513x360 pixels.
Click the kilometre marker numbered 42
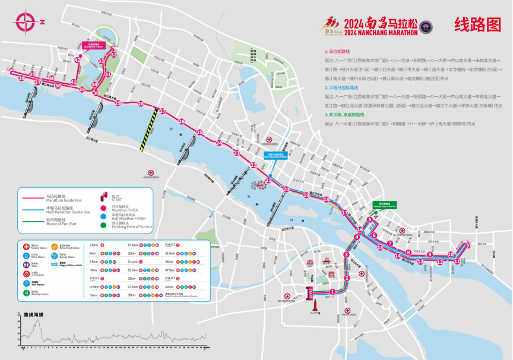(78, 60)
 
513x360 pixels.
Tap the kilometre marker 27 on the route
(162, 111)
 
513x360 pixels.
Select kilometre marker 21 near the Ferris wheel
(268, 180)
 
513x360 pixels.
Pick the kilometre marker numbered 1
(332, 291)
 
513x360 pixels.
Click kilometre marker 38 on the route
(21, 78)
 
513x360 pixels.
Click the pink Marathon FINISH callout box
(94, 45)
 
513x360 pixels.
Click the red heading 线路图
(477, 24)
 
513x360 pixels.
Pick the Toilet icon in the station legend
(26, 265)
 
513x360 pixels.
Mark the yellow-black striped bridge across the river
(148, 129)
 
